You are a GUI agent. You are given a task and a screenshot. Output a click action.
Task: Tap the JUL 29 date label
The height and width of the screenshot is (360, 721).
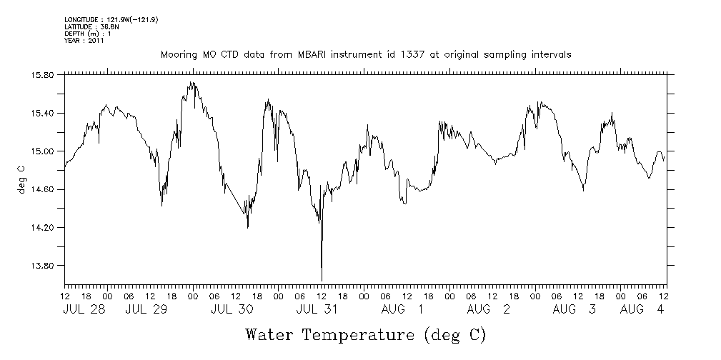pos(147,310)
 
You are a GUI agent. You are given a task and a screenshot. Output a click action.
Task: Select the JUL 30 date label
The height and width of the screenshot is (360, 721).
pos(233,310)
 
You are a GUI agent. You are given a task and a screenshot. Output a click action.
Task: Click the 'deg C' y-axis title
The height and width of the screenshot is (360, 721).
pos(21,179)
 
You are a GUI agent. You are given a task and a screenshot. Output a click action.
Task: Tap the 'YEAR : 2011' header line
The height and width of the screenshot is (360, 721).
pos(84,41)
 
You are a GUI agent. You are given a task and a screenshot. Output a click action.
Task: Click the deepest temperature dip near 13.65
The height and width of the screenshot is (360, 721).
pos(322,280)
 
